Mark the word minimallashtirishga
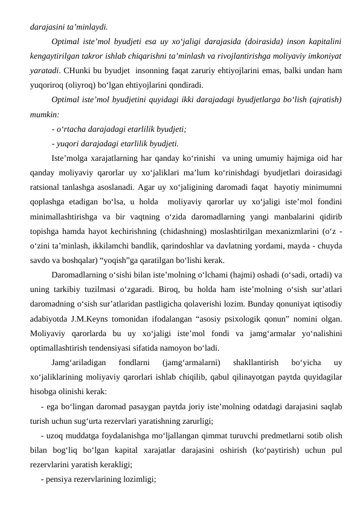(65, 217)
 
